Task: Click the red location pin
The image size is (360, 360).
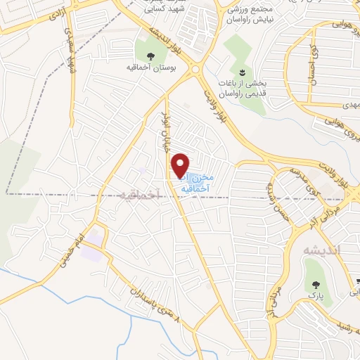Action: [x=181, y=165]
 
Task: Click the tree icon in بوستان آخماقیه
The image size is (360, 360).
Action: [x=150, y=56]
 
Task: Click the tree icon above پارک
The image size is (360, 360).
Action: [x=314, y=285]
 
